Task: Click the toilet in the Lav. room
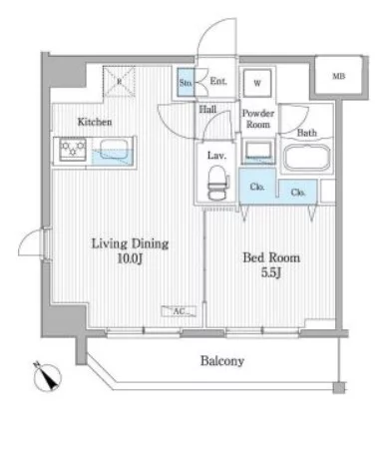click(218, 183)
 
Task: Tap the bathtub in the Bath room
click(307, 159)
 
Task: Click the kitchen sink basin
click(114, 149)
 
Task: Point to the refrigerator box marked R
click(119, 82)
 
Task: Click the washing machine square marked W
click(257, 83)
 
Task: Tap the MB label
click(339, 76)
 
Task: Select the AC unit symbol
click(179, 311)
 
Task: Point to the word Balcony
click(222, 361)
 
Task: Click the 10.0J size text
click(130, 258)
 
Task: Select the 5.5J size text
click(271, 272)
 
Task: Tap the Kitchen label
click(95, 122)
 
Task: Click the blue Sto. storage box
click(186, 83)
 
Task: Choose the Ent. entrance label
click(218, 81)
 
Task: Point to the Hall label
click(207, 109)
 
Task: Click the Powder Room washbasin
click(258, 151)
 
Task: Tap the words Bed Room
click(271, 257)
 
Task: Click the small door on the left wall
click(32, 243)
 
